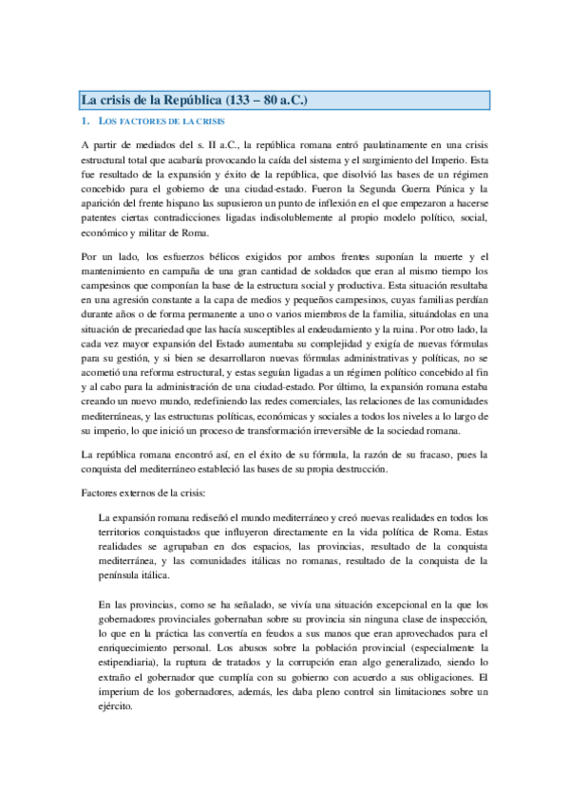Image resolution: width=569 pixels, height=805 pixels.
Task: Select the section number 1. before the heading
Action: click(x=86, y=122)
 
